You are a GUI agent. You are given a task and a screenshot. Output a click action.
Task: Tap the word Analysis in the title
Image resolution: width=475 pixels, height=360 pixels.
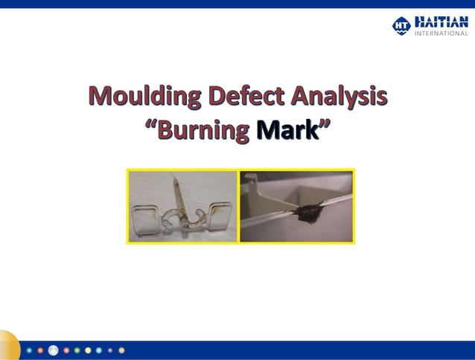(x=339, y=97)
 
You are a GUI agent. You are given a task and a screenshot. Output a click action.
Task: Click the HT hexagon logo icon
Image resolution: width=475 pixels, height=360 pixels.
(x=401, y=25)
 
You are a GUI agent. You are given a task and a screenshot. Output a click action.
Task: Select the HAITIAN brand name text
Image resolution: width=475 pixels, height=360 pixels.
(x=441, y=22)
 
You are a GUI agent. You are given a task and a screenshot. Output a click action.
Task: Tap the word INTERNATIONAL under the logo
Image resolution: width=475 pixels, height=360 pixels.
(x=441, y=33)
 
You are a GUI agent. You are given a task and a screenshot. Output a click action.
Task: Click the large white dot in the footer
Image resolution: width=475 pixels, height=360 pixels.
(x=53, y=350)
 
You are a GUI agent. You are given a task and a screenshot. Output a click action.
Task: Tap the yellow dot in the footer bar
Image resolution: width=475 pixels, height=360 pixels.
(x=88, y=350)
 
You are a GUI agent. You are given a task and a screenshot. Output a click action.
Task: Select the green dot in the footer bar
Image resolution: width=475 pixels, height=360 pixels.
(x=77, y=350)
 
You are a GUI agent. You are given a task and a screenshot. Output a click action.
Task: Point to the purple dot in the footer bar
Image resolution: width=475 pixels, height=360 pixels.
(x=110, y=350)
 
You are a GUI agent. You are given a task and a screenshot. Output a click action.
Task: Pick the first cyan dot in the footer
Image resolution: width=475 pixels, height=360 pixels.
(x=29, y=350)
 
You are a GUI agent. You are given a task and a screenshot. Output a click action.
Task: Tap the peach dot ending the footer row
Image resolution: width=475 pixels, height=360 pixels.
(x=122, y=350)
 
